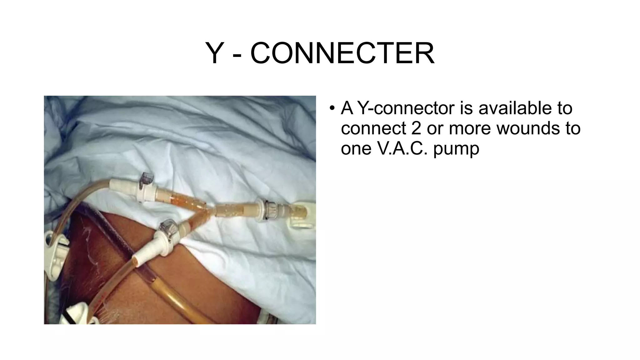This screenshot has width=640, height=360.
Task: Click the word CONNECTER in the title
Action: click(x=342, y=53)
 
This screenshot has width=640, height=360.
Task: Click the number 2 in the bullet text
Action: click(x=416, y=128)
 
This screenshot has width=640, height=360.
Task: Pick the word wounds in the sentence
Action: click(x=525, y=128)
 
